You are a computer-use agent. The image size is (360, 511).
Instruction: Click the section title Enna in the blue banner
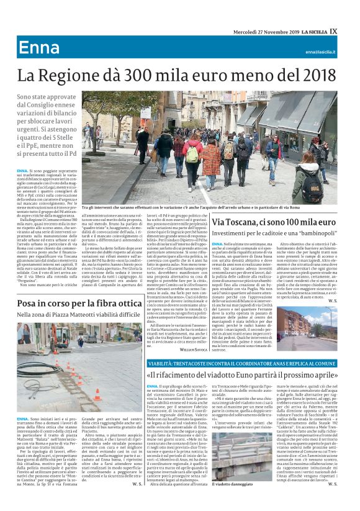[x=39, y=48]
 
